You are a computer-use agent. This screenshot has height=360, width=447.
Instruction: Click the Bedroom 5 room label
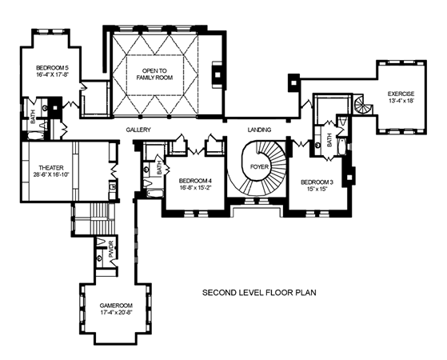(53, 68)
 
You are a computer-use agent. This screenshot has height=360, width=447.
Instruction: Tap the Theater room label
(51, 168)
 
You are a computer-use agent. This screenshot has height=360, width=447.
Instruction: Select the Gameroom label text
(116, 305)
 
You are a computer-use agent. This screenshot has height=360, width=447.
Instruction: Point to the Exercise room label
(401, 94)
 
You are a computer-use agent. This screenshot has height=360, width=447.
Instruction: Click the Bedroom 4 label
(195, 181)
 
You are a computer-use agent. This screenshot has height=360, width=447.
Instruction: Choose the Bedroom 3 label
(317, 182)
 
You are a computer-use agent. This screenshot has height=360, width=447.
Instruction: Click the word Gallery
(138, 130)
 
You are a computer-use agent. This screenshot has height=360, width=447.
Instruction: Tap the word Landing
(259, 130)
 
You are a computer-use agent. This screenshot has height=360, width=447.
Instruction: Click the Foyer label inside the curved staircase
(259, 166)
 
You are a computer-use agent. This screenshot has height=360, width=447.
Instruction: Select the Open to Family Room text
(154, 74)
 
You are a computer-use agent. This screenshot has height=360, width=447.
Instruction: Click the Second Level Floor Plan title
(259, 293)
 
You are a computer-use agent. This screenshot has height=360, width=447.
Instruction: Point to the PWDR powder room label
(111, 250)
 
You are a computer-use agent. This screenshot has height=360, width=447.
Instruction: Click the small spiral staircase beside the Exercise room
(363, 105)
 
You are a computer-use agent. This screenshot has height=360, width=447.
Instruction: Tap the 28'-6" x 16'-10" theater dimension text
(51, 175)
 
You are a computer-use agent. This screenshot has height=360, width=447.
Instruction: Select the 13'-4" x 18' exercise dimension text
(401, 101)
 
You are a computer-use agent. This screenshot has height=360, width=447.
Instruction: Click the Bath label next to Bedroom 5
(33, 117)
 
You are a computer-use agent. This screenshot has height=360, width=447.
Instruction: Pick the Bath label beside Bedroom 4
(159, 168)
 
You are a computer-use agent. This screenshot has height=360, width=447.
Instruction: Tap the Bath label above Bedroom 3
(329, 140)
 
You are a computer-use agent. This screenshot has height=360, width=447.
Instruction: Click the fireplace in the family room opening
(218, 73)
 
